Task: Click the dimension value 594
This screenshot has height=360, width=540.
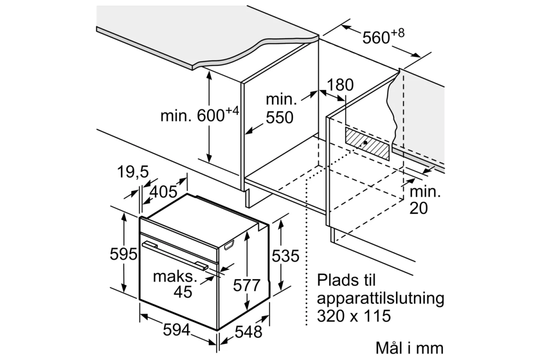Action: [177, 329]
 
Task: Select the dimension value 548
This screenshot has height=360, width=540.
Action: [248, 332]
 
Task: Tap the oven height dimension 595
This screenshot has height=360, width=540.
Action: [123, 254]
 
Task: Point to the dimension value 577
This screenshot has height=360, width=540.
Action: [247, 285]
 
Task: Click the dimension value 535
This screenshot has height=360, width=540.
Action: [285, 256]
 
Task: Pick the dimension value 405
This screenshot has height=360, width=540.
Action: [163, 192]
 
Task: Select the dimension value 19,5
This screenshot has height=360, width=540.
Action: [133, 172]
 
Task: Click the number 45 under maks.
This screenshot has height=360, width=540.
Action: [183, 292]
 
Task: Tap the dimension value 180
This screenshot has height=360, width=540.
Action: [340, 85]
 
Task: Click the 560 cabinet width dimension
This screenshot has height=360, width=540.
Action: [376, 38]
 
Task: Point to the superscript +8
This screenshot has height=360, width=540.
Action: [397, 33]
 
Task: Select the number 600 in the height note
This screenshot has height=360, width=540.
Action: [211, 116]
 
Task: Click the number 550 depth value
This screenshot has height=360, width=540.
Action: [279, 117]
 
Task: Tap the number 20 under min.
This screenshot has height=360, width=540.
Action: [418, 208]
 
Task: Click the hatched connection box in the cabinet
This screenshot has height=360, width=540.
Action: [367, 144]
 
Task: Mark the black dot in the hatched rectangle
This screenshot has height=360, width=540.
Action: [365, 143]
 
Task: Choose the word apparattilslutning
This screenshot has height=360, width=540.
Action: [380, 299]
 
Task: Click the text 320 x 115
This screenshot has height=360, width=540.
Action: [354, 316]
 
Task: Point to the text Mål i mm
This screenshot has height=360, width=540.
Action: [409, 348]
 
